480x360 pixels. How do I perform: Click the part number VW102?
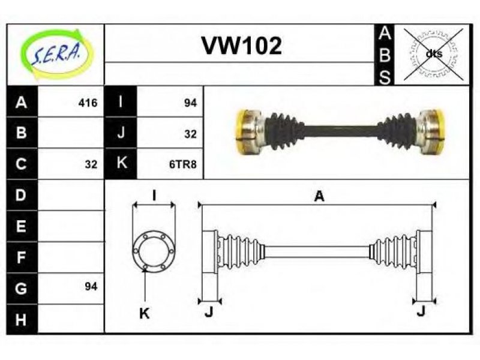[242, 46]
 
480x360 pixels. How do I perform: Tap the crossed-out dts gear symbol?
[433, 54]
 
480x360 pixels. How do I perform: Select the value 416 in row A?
[88, 103]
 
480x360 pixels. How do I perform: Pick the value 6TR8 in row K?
[183, 164]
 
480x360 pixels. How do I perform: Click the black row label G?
[21, 289]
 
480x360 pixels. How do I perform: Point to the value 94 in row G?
[91, 287]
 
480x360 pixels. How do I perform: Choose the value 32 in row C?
[91, 164]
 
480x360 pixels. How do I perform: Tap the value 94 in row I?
[190, 103]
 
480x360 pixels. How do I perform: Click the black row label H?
[21, 319]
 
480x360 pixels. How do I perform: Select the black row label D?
[21, 195]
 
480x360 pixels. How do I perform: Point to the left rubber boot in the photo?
[284, 131]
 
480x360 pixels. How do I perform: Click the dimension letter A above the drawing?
[319, 196]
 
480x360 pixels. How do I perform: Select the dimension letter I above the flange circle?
[154, 196]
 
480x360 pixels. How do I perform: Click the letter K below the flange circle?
[144, 313]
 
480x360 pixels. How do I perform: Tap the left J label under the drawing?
[209, 312]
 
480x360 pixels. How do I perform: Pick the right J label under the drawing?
[421, 311]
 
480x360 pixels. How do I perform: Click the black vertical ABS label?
[385, 55]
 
